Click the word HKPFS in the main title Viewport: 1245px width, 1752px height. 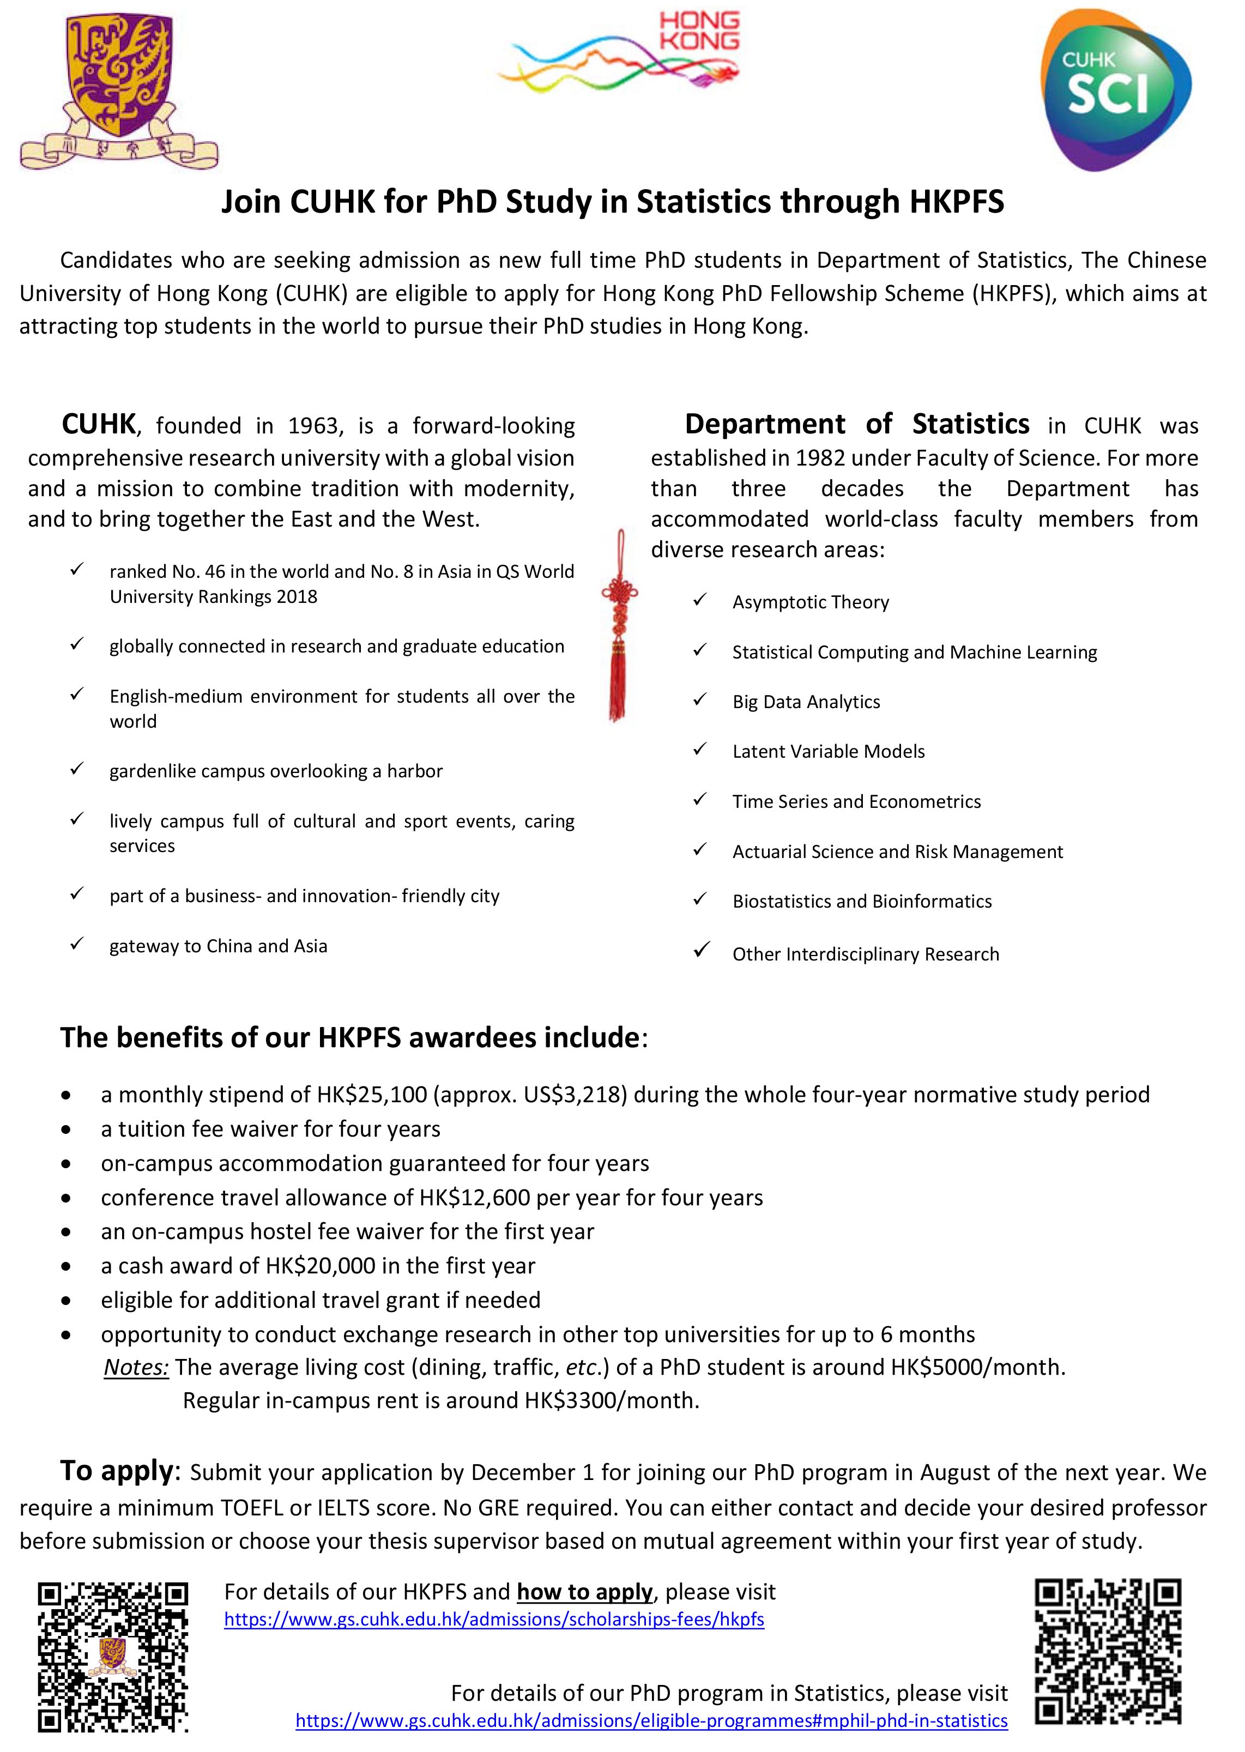(956, 202)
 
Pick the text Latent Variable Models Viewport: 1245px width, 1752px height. (828, 751)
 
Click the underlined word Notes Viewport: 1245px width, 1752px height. (136, 1367)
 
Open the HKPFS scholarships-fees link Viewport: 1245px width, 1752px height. (494, 1620)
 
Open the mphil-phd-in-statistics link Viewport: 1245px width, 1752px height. (651, 1720)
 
